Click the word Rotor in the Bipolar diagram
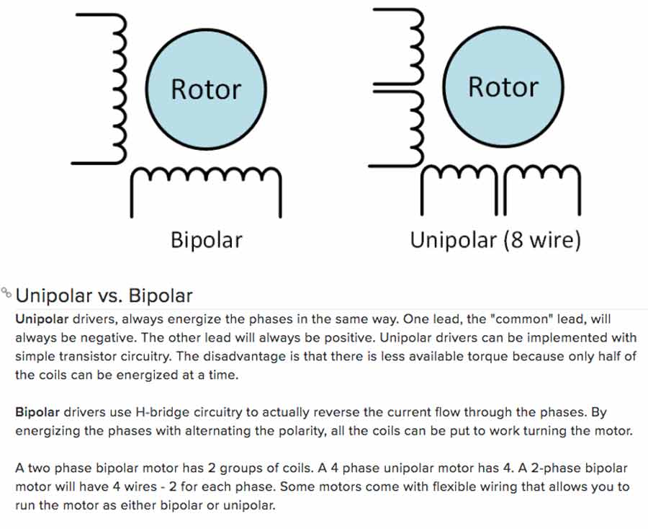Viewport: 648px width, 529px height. coord(205,89)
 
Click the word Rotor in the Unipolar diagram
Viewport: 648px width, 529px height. coord(503,86)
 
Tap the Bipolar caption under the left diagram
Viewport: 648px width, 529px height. coord(206,239)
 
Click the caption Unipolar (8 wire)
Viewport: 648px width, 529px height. coord(495,239)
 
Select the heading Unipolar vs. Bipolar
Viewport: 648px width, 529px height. coord(104,295)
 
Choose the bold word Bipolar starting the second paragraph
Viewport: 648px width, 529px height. coord(37,413)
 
